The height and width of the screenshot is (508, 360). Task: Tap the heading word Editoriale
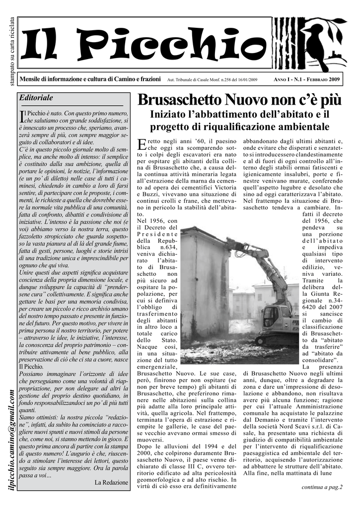click(35, 98)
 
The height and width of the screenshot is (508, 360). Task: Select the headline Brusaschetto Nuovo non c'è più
click(239, 100)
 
